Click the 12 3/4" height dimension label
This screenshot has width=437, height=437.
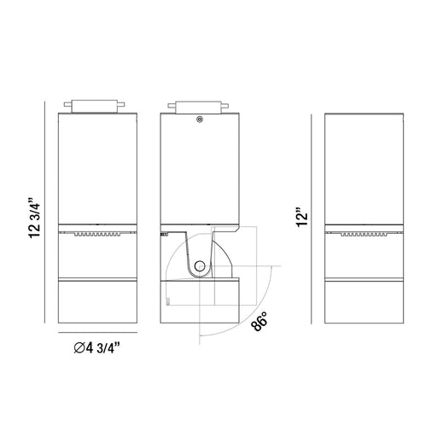35,217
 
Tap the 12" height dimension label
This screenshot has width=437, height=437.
302,218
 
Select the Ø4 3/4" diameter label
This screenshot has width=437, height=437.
97,347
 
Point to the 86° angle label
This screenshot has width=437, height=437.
259,322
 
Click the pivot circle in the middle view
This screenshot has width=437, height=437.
200,266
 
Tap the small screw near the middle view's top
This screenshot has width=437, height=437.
200,119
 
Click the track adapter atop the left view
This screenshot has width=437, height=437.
95,107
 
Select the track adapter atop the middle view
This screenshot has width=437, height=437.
198,108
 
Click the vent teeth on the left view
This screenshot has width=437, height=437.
97,235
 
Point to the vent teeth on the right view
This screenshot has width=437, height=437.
364,235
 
